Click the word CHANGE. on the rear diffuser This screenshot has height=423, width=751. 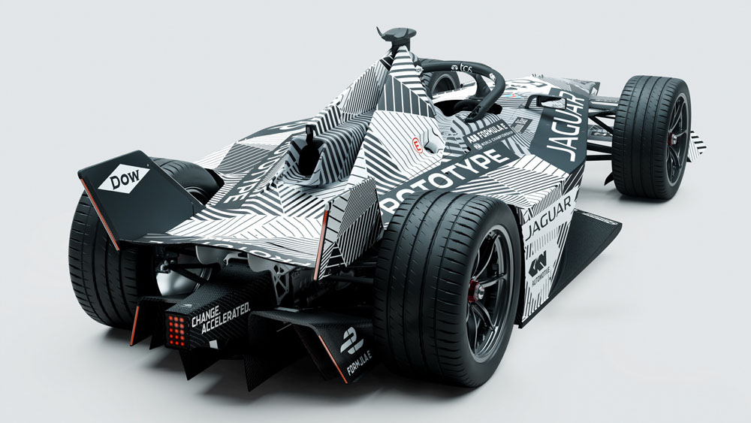click(207, 318)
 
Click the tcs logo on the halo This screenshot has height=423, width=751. click(466, 70)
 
